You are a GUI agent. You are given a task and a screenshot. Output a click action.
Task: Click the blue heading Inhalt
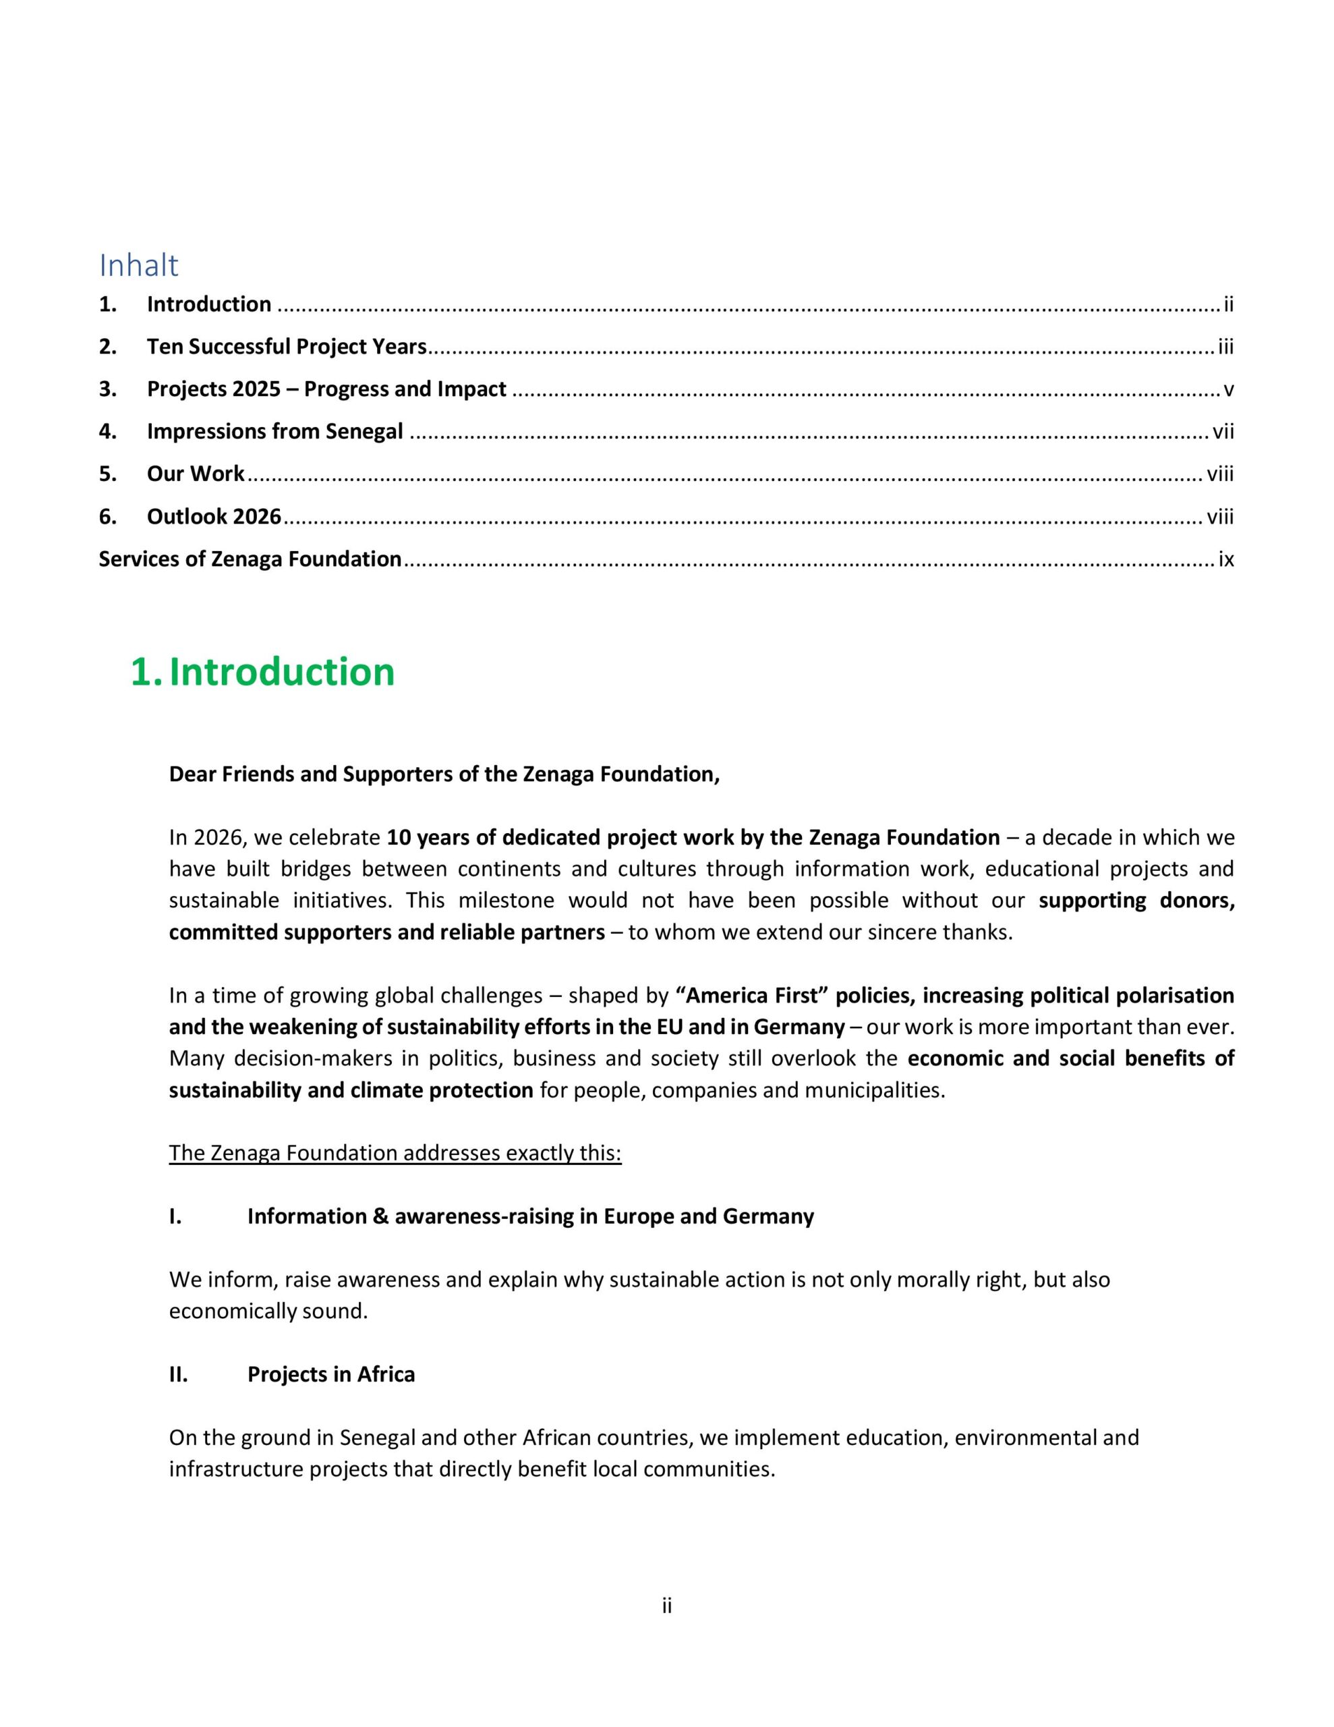[138, 266]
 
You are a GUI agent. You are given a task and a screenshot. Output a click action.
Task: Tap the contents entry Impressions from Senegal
[274, 432]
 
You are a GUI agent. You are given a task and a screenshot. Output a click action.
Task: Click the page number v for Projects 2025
[1228, 390]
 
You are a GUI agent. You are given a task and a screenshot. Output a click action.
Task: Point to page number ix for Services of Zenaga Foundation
[1225, 560]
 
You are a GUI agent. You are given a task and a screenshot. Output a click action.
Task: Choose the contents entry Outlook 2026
[214, 517]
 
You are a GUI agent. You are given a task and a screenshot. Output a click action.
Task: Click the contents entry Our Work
[196, 474]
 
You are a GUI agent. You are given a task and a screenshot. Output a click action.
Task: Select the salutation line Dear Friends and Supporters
[444, 774]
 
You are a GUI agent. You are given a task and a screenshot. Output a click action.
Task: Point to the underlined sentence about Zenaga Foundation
[395, 1154]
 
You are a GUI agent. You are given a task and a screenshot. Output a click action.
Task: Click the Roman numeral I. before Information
[175, 1217]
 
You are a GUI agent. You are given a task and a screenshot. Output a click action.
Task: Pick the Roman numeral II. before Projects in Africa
[178, 1375]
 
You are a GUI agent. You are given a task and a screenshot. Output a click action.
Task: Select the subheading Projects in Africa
[330, 1375]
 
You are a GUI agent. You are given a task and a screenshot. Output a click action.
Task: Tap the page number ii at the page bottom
[666, 1606]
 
